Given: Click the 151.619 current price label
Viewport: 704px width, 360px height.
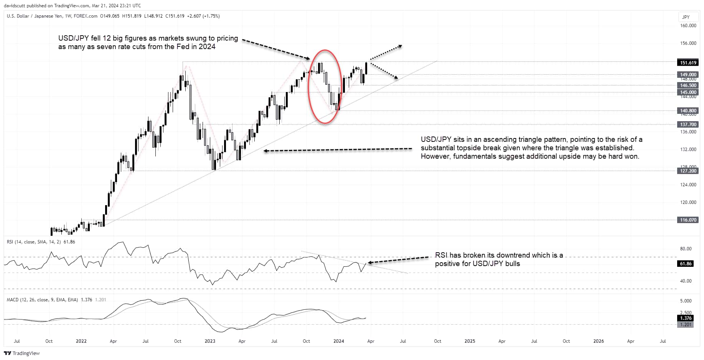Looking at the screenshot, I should click(x=688, y=62).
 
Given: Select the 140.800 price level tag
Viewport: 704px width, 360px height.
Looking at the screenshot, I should click(x=688, y=111).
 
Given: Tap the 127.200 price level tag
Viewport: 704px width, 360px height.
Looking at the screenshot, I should click(x=688, y=171).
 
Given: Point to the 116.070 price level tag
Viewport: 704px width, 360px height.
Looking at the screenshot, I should click(x=688, y=220).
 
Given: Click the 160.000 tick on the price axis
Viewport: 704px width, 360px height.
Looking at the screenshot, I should click(x=688, y=26).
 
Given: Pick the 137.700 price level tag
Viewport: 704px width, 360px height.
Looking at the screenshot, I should click(x=688, y=125).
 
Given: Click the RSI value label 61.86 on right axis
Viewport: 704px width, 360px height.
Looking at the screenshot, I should click(x=686, y=264).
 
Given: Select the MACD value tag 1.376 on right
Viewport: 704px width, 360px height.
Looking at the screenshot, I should click(x=686, y=318).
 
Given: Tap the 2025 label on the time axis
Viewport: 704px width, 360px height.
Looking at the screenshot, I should click(x=470, y=341).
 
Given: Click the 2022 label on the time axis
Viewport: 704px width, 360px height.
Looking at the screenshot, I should click(x=81, y=341).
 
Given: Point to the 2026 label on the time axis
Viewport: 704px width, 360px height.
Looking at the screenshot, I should click(x=598, y=341).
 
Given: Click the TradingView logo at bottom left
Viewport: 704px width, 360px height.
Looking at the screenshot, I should click(x=22, y=353).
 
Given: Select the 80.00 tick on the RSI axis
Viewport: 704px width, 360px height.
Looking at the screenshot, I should click(x=686, y=249).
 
